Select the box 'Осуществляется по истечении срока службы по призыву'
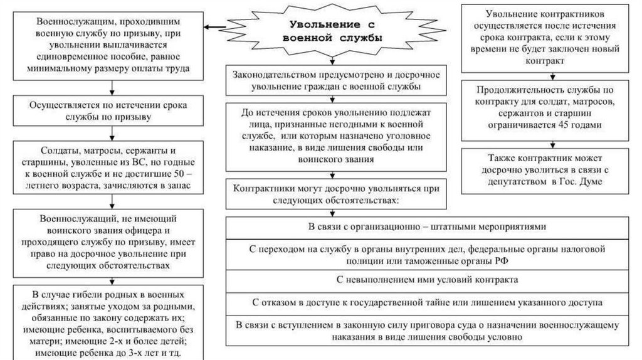tap(111, 111)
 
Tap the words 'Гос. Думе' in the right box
tap(577, 182)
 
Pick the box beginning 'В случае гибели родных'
tap(111, 322)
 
